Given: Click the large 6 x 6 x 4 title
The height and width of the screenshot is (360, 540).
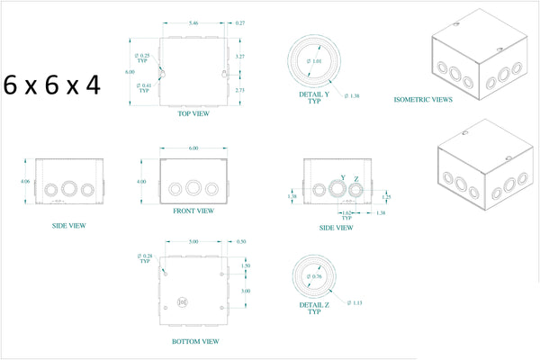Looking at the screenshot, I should [x=52, y=85].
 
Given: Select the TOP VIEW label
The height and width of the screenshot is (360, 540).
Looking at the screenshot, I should [x=193, y=114].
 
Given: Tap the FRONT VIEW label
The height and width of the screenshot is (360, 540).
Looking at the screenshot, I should [x=193, y=211].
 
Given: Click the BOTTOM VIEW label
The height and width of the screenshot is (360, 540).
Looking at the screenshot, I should [x=193, y=342].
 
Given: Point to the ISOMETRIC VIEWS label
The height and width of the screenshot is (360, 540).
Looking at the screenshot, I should [x=423, y=99].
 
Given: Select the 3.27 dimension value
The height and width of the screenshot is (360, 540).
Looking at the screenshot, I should [x=239, y=56].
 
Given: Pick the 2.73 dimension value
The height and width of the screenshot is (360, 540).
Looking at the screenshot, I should [x=239, y=90].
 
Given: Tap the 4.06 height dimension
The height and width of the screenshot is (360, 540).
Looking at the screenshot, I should [x=25, y=181].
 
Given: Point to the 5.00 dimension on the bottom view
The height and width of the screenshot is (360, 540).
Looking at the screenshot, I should [x=193, y=242].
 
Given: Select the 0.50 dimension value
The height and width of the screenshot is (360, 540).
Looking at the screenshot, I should [x=240, y=242].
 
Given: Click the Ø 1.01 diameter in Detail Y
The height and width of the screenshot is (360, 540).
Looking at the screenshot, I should [x=314, y=61].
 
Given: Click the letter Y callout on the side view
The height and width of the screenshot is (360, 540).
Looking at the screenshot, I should [x=343, y=177].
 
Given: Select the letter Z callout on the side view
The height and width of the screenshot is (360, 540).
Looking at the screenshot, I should [x=356, y=180].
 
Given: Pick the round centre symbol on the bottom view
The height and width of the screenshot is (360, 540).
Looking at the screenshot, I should [x=183, y=302].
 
